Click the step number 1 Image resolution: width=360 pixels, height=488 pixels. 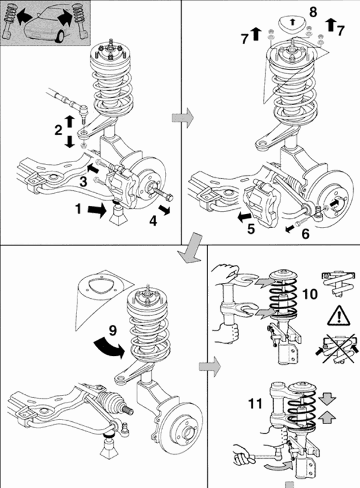coord(78,209)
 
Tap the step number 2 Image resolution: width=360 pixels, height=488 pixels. coord(58,130)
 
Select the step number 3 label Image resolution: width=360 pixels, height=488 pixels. coord(83,182)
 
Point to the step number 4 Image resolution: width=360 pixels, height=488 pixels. coord(154,219)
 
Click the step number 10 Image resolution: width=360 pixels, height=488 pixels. coord(309,294)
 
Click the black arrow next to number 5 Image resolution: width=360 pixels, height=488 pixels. coord(244,217)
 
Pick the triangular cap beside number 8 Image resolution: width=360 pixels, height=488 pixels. coord(294,24)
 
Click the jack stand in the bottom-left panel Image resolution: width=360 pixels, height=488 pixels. coord(110,447)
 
